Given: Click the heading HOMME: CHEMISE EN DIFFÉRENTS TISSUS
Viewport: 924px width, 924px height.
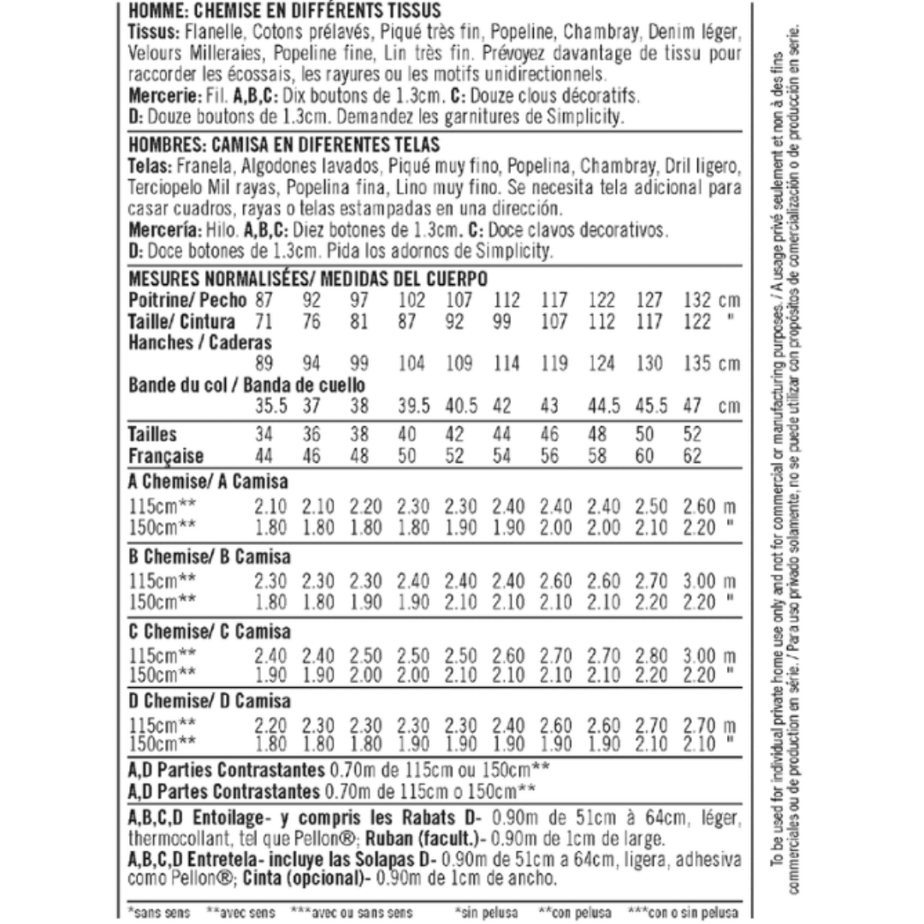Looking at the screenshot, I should pos(284,11).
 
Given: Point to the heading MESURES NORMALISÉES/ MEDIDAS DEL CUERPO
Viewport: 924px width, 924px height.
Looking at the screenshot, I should pos(307,281).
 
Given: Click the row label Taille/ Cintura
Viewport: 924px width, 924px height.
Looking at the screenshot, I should pos(181,323).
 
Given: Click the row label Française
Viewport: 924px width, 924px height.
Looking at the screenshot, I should pos(166,456).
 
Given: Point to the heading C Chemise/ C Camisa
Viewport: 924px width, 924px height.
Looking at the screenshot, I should pos(208,632).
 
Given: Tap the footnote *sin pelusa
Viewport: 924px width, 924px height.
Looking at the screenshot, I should pos(486,913).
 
